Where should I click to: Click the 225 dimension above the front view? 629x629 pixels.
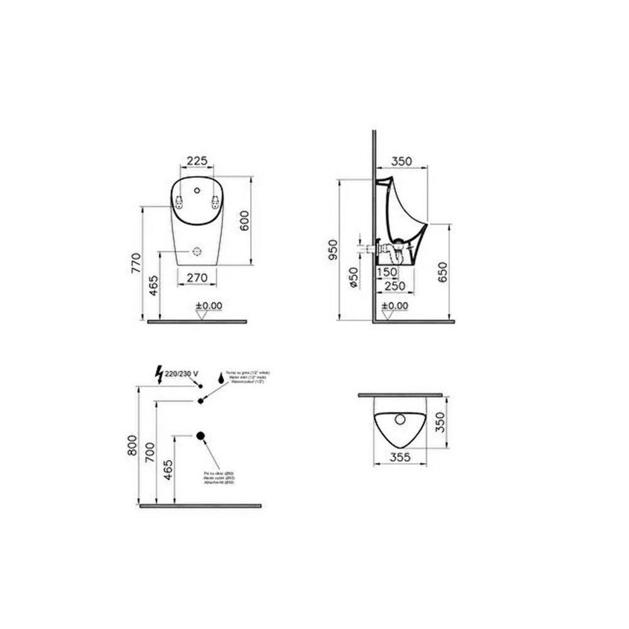198,161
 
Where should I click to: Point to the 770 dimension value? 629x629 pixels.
134,263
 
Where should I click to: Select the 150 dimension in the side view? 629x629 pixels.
387,271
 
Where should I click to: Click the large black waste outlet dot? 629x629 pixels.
201,435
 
